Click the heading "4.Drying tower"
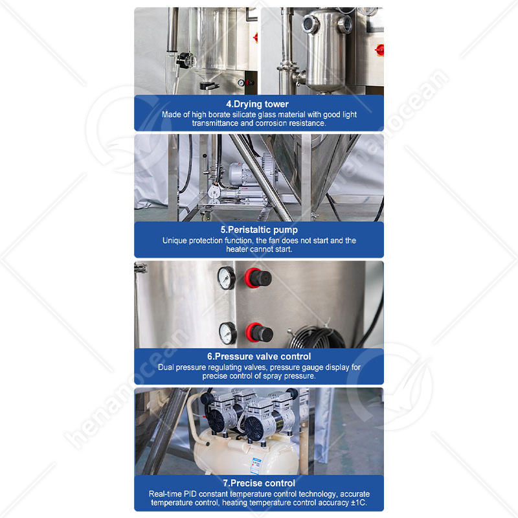click(257, 104)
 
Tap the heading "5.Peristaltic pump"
click(259, 230)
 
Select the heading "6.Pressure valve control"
click(259, 357)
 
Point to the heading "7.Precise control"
click(259, 483)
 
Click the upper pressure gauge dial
click(226, 278)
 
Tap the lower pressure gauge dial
click(228, 333)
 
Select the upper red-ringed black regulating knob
click(258, 278)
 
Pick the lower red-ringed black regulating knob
click(260, 332)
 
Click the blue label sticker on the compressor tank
click(255, 466)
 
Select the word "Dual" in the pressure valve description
click(166, 367)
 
